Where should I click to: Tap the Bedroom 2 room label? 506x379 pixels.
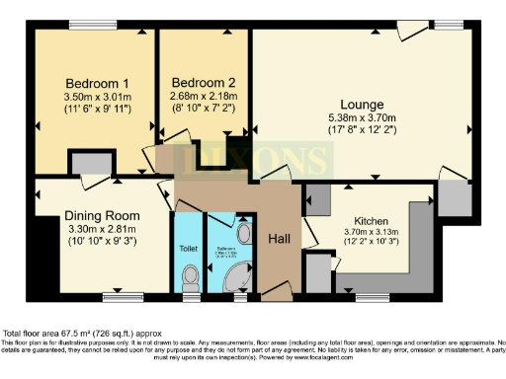pyautogui.click(x=203, y=82)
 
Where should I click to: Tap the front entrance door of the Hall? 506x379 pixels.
pyautogui.click(x=274, y=294)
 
